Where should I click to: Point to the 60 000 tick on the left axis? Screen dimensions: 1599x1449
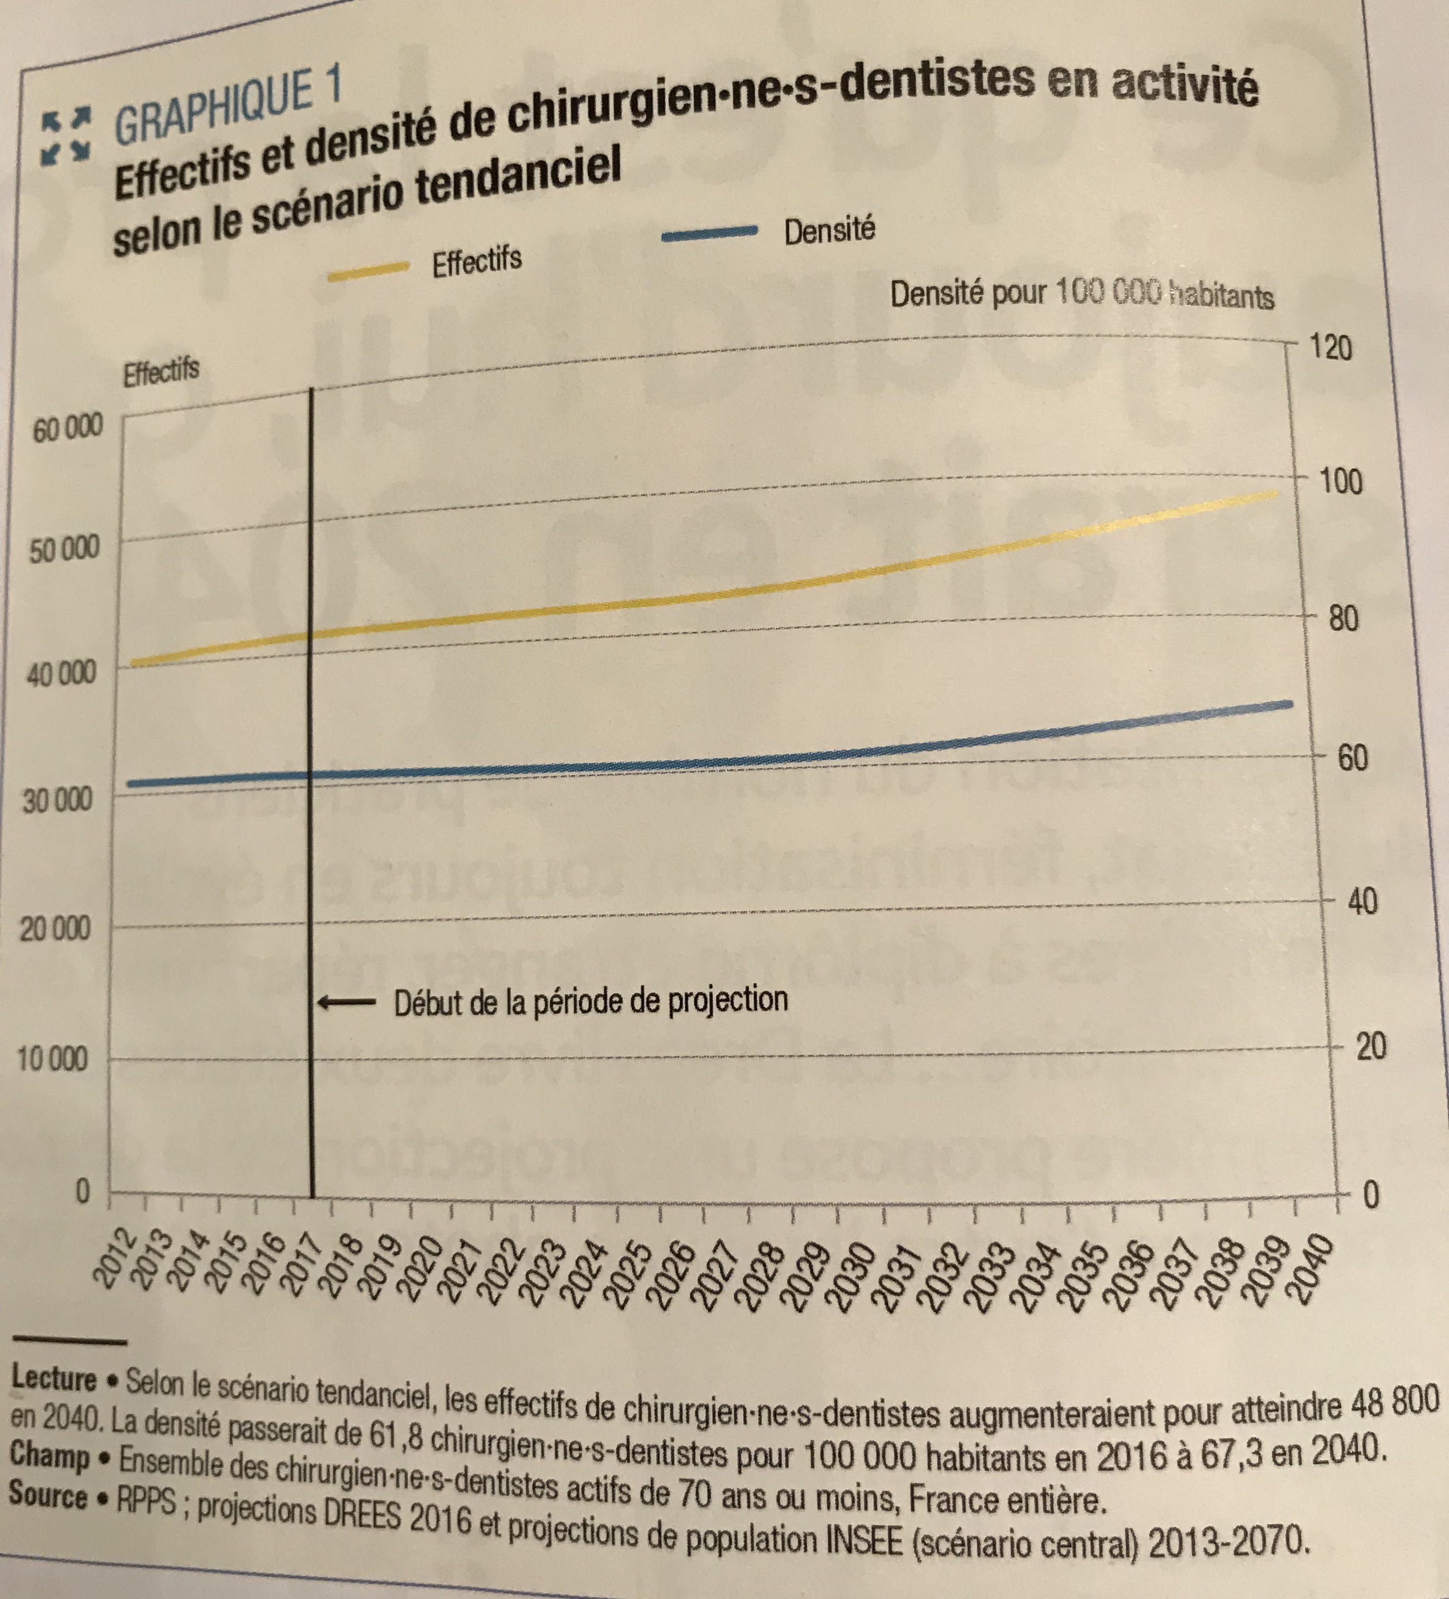pos(68,429)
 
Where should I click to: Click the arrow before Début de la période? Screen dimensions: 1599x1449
pos(346,1002)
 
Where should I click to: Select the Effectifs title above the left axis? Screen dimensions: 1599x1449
pos(161,370)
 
